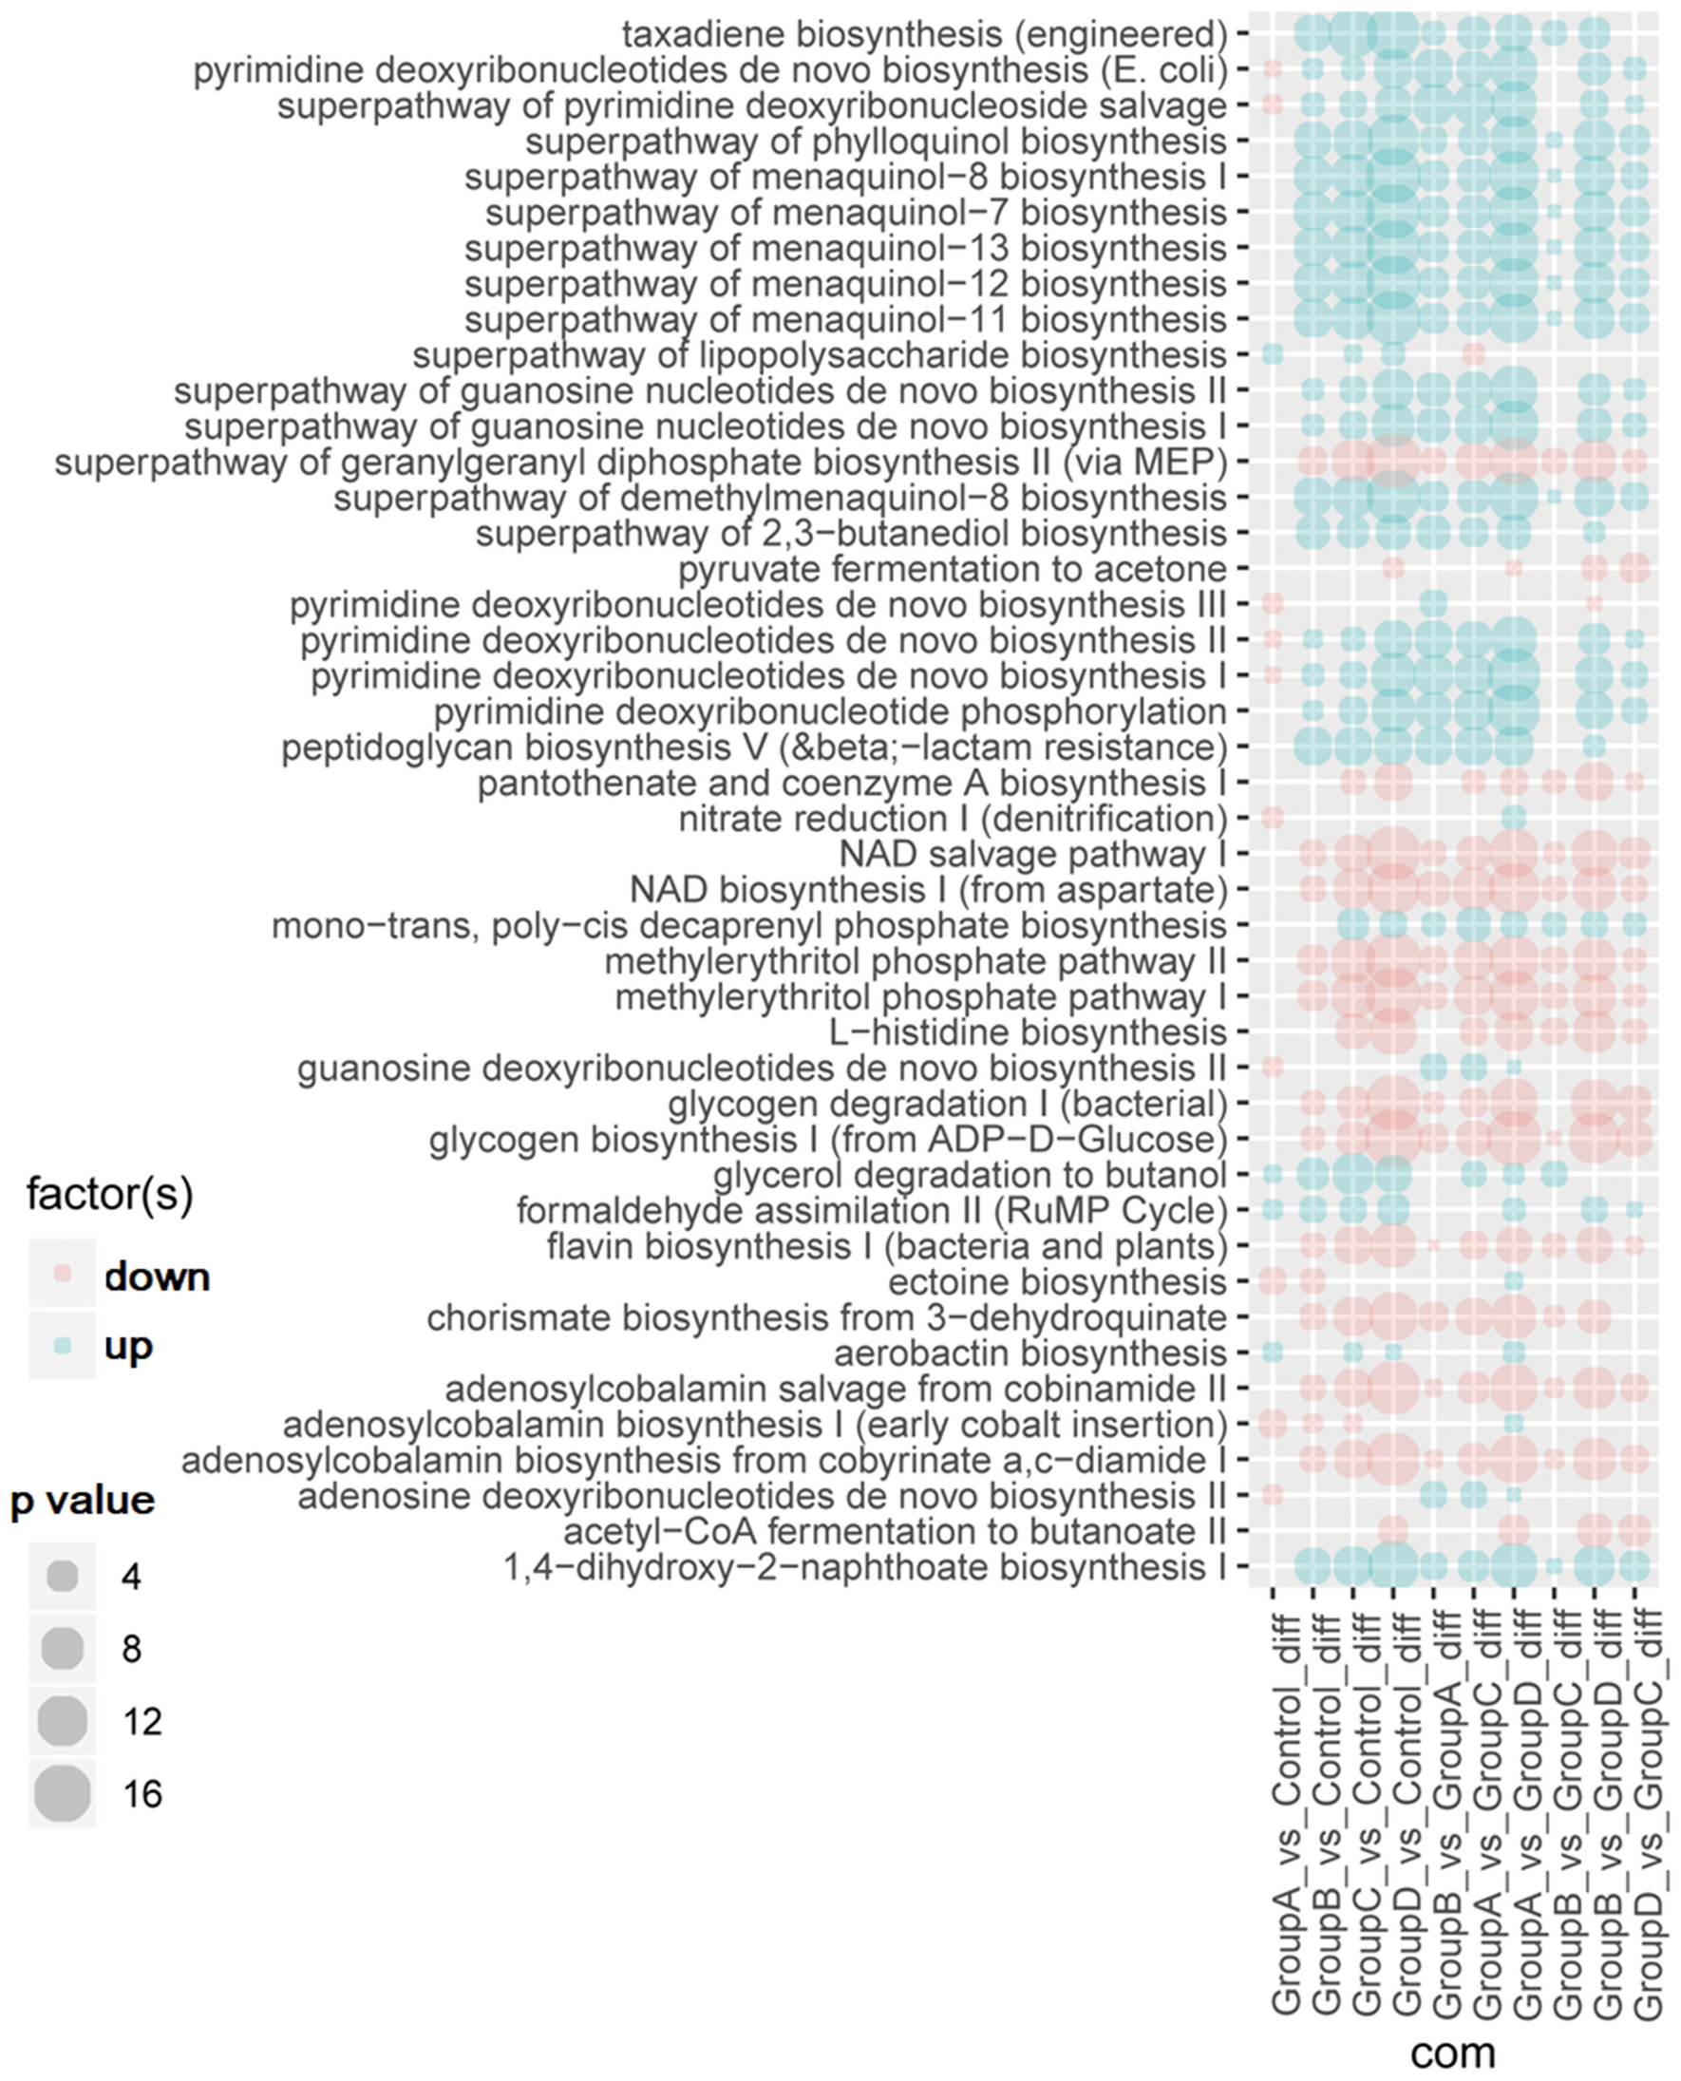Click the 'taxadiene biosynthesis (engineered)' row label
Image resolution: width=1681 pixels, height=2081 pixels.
point(924,35)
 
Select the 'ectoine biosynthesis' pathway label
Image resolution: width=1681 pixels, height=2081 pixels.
point(1056,1282)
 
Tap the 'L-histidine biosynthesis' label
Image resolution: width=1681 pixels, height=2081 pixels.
point(1028,1032)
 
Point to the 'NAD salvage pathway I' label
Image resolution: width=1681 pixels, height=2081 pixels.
point(1032,854)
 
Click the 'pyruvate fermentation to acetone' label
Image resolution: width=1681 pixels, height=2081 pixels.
point(951,569)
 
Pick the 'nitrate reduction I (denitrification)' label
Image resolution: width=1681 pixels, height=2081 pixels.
point(952,820)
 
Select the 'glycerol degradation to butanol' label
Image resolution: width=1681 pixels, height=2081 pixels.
point(970,1175)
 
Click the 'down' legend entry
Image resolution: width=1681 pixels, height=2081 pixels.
point(156,1277)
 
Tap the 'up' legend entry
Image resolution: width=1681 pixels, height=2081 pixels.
point(128,1346)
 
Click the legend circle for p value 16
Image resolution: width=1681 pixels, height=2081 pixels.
point(62,1793)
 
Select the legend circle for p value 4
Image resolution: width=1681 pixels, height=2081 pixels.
point(62,1577)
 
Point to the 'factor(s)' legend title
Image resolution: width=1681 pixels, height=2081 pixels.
point(109,1195)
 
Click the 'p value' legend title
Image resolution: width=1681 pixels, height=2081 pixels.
point(83,1500)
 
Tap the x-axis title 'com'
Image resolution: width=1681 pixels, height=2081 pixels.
point(1452,2049)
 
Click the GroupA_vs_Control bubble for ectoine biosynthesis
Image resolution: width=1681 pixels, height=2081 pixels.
point(1273,1281)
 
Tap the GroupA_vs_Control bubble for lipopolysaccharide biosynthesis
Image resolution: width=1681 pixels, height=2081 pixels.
point(1273,354)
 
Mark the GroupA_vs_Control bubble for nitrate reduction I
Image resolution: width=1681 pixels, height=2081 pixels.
point(1273,819)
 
